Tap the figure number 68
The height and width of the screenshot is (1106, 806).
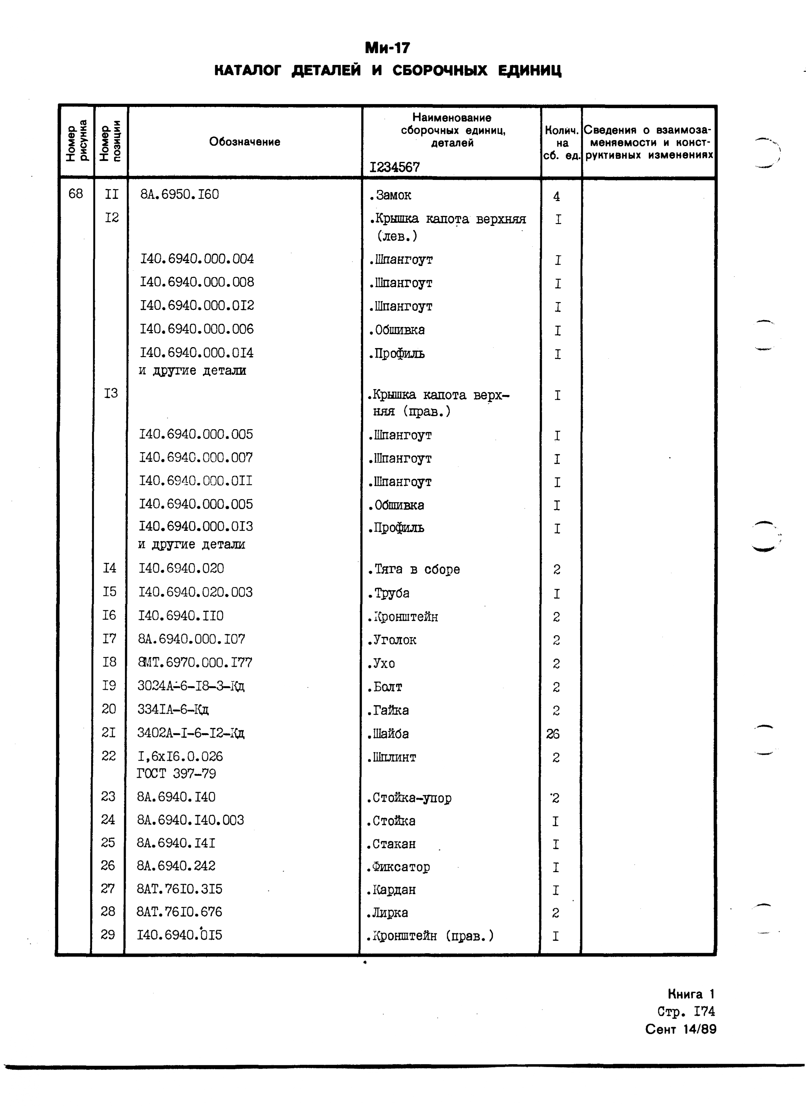tap(76, 194)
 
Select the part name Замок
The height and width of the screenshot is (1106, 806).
tap(392, 196)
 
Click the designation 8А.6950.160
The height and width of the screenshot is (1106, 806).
tap(179, 194)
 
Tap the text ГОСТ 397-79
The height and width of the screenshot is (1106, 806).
tap(177, 773)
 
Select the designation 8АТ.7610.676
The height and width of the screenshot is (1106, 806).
tap(179, 912)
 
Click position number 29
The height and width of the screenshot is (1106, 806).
tap(108, 934)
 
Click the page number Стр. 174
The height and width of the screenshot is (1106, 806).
tap(686, 1011)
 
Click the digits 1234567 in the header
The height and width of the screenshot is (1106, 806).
tap(394, 168)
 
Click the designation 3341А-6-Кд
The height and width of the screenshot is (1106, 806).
tap(173, 709)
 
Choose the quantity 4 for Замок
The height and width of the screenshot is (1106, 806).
tap(556, 197)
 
